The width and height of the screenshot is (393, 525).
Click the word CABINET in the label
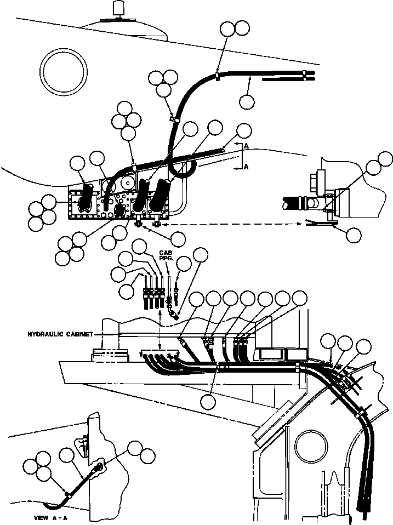tap(77, 334)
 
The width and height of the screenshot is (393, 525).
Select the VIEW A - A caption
tap(51, 518)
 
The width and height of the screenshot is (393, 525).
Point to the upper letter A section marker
tap(246, 146)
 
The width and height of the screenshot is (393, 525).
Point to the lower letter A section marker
tap(246, 167)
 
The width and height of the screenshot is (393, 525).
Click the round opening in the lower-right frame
tap(311, 446)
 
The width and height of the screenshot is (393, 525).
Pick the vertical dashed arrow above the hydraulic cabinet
tap(160, 328)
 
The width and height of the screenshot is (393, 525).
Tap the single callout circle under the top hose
tap(247, 101)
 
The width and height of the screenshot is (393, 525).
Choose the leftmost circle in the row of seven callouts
tap(196, 299)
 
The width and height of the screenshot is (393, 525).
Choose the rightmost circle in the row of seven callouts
tap(300, 298)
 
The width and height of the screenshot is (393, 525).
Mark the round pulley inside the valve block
tap(128, 183)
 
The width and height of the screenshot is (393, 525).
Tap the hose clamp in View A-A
tap(67, 494)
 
